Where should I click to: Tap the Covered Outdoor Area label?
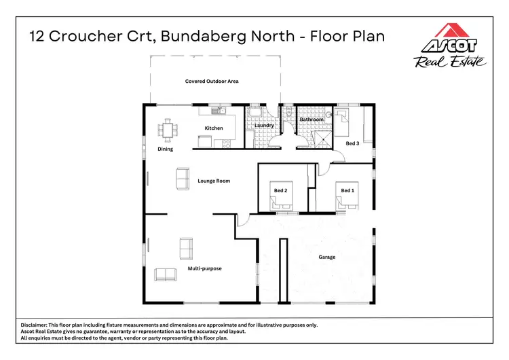pos(212,82)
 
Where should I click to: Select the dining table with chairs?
pos(167,128)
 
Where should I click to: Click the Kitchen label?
pos(214,128)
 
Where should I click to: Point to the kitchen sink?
pos(217,110)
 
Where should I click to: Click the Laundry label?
pos(263,126)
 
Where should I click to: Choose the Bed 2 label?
pos(281,191)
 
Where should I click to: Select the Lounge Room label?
pos(214,181)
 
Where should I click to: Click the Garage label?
pos(327,257)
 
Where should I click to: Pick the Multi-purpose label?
pos(205,269)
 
